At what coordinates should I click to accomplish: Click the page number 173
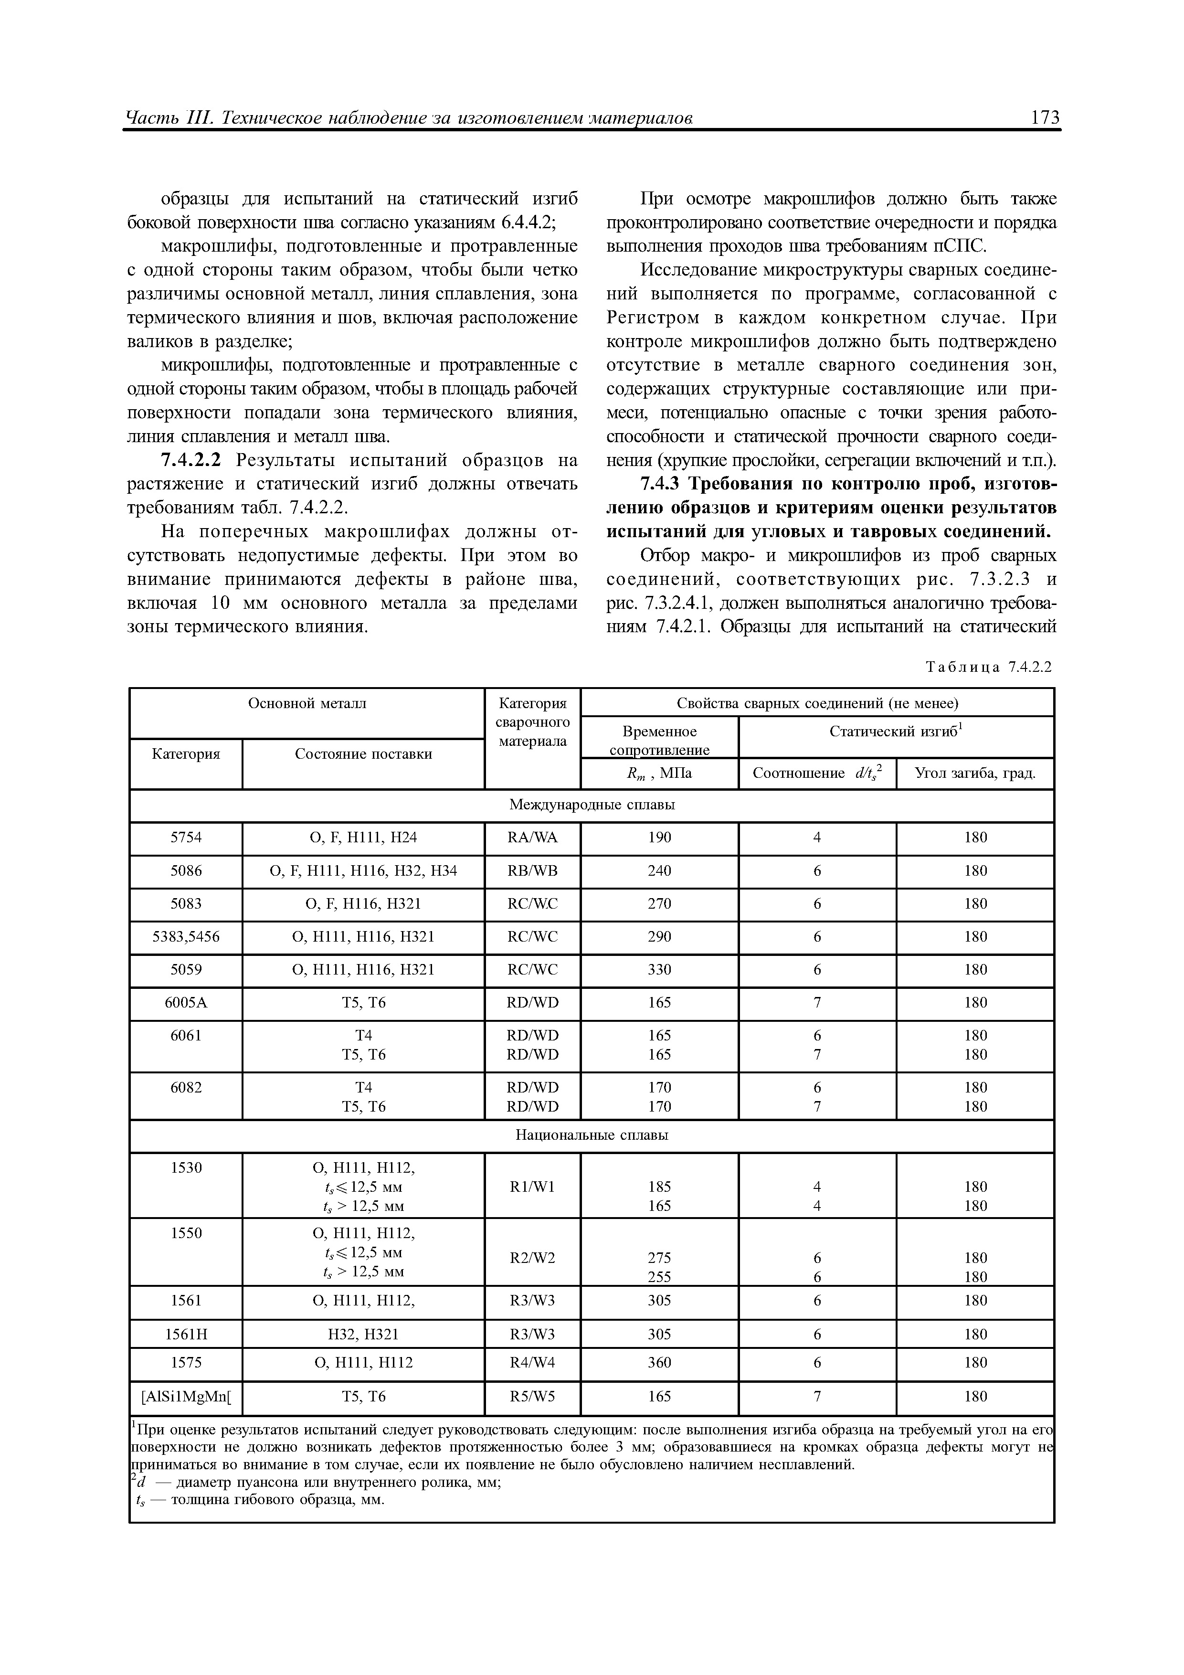point(1045,117)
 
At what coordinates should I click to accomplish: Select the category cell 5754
point(186,837)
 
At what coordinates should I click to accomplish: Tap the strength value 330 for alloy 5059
point(659,970)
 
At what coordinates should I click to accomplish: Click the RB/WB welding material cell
point(532,871)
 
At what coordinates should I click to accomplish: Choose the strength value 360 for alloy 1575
point(659,1362)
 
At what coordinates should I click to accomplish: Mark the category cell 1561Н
point(186,1334)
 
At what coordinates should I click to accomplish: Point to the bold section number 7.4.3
point(661,485)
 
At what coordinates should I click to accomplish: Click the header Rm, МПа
point(659,774)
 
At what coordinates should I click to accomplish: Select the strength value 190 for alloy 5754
point(659,837)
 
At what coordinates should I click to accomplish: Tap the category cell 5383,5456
point(186,937)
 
